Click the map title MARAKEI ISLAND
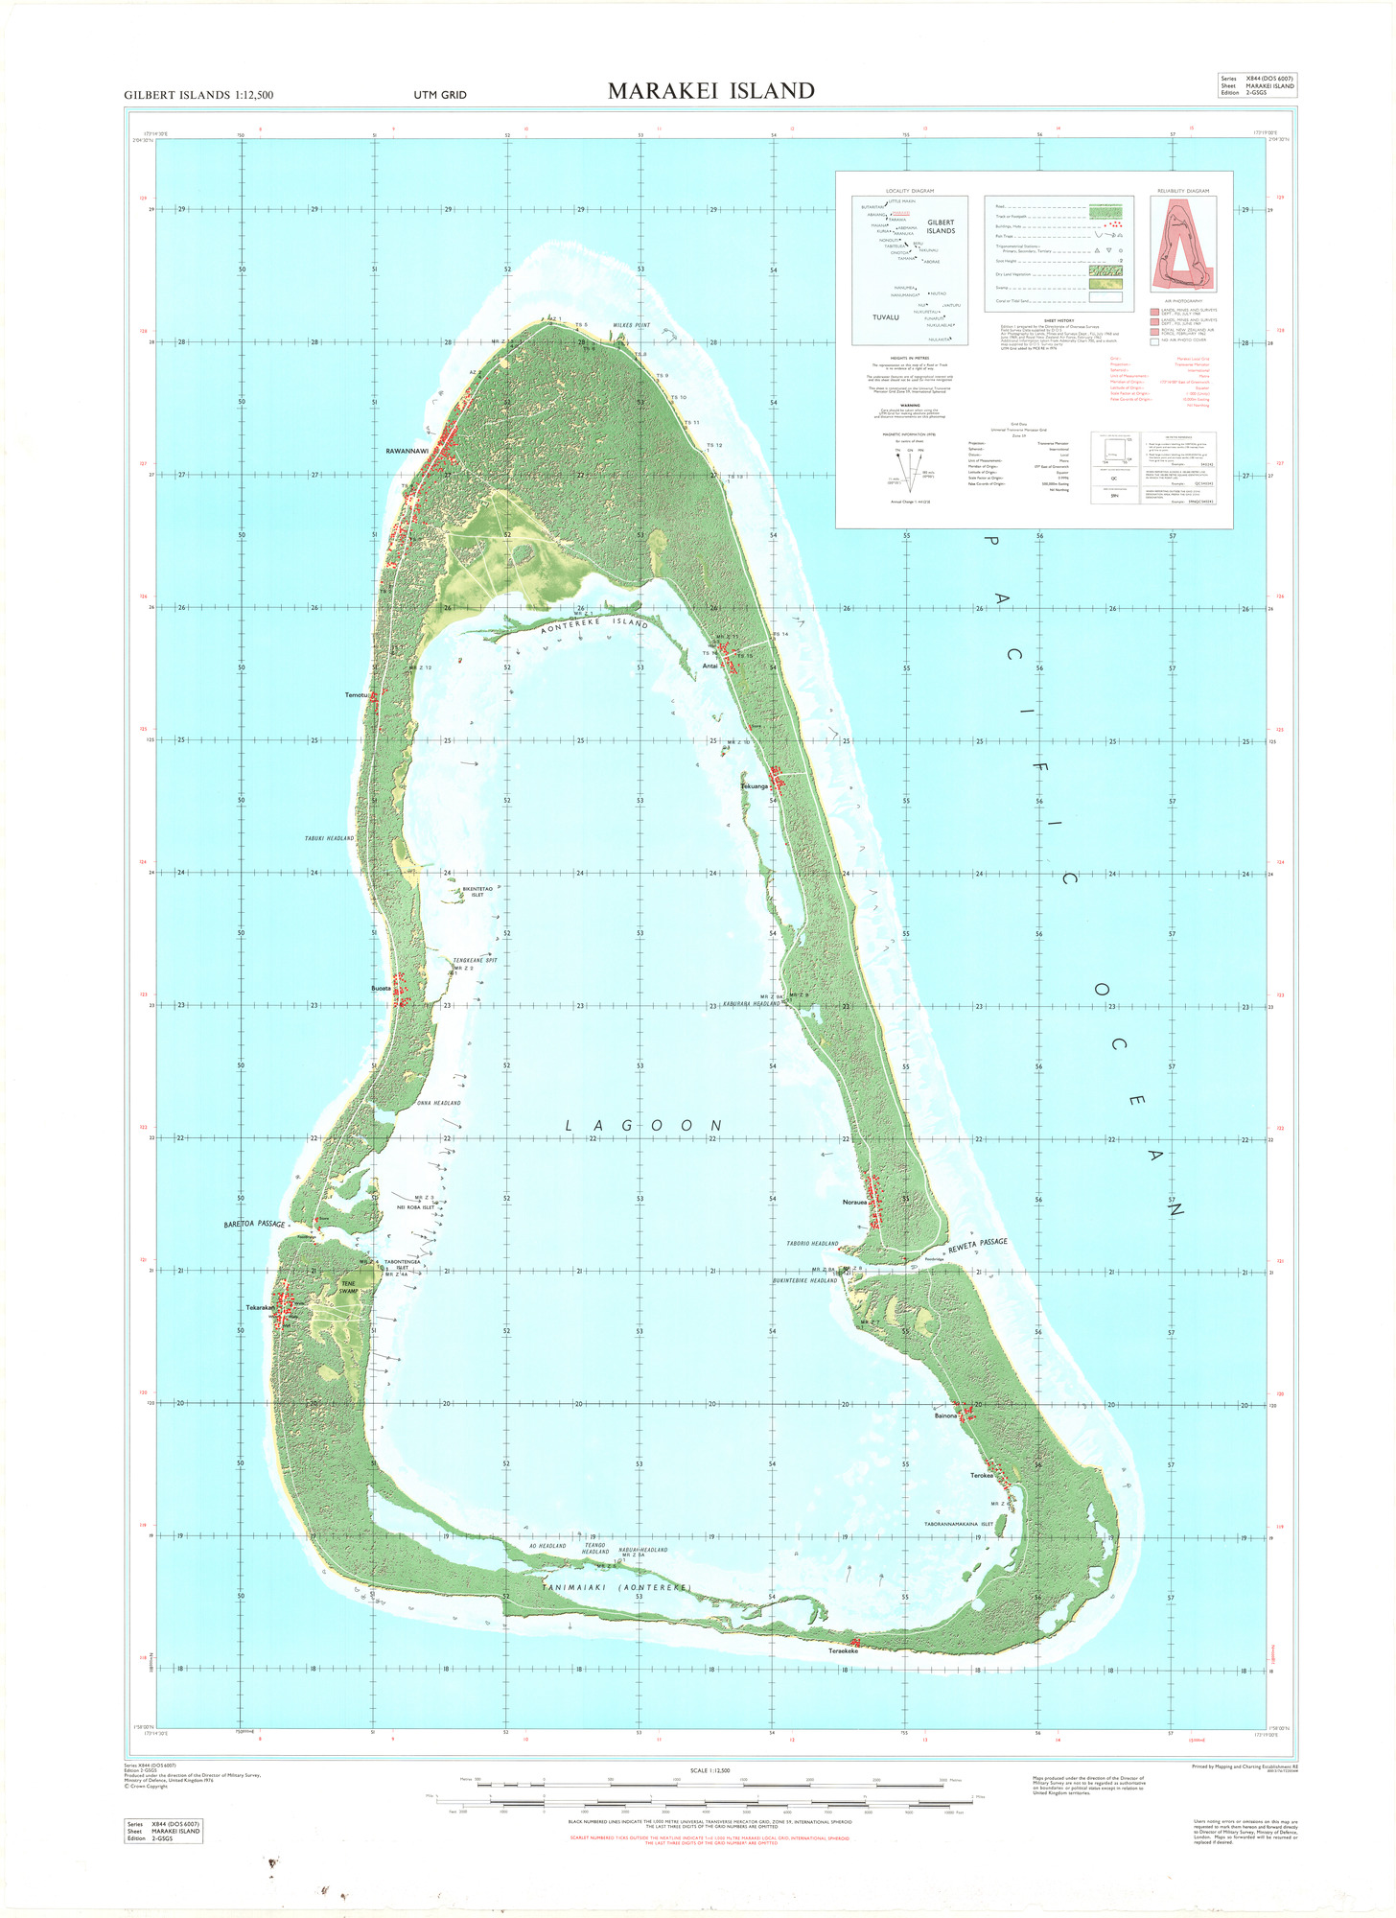(711, 91)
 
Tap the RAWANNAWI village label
(407, 451)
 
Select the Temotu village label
(356, 694)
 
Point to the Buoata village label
(381, 988)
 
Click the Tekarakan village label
(260, 1308)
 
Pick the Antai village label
(710, 666)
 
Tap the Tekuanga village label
(755, 786)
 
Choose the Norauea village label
(854, 1203)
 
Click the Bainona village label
(945, 1415)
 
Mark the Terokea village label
(981, 1476)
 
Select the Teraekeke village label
(843, 1650)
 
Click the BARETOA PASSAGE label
(254, 1225)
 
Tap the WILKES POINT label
(632, 325)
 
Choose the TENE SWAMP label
(348, 1287)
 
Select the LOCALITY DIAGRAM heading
(910, 191)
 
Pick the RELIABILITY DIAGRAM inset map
(1183, 244)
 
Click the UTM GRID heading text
(440, 95)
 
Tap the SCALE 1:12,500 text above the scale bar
(710, 1770)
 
